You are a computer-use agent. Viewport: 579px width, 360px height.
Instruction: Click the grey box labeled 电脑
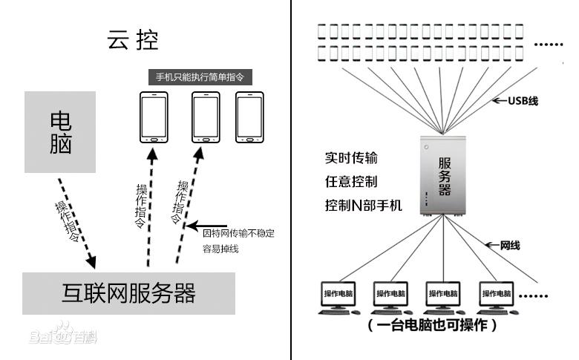61,132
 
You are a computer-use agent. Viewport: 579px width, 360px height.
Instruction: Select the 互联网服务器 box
128,293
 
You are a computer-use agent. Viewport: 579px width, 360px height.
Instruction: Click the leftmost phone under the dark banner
154,117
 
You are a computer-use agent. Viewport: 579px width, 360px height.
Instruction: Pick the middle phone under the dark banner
206,117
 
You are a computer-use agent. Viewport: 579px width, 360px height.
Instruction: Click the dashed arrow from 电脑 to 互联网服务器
76,223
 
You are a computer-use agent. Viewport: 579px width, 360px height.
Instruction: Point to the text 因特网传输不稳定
238,233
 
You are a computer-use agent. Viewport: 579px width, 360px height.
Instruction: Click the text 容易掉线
220,249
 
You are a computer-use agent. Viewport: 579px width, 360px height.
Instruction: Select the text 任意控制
351,180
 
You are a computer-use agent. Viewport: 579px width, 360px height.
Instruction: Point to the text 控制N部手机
363,204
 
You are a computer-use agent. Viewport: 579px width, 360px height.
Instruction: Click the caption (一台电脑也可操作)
432,326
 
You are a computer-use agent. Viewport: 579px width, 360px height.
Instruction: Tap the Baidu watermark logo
63,336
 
